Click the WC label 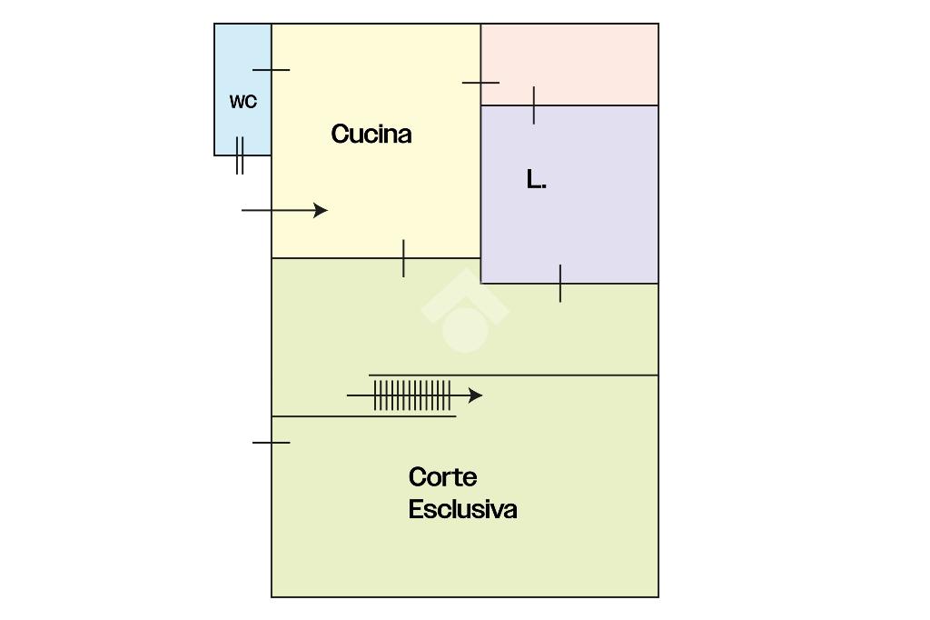[x=242, y=102]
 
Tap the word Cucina [x=371, y=135]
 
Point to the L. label [x=536, y=180]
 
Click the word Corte [x=442, y=477]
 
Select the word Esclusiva [x=462, y=509]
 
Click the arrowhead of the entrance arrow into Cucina [x=321, y=210]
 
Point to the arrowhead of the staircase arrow [x=475, y=395]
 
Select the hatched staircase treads [x=412, y=395]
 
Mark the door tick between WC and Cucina [x=271, y=69]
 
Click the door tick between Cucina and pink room [x=480, y=83]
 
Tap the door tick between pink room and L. [x=534, y=105]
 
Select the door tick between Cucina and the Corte [x=403, y=258]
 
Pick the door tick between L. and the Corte [x=560, y=284]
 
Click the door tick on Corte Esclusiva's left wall [x=271, y=443]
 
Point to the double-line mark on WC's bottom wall [x=240, y=155]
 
